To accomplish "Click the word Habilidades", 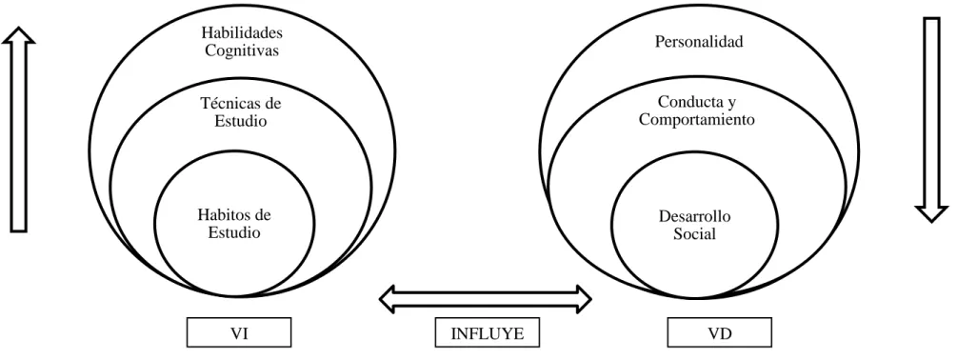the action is pos(242,33).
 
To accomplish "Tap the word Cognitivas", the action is pos(242,50).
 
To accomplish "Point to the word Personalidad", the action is pos(699,42).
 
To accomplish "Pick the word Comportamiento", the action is pos(696,120).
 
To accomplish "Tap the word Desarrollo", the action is pos(694,216).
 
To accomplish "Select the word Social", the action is pos(694,233).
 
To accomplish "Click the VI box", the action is pos(239,332).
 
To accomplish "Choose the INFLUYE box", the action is pos(487,332).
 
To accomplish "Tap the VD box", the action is pos(719,332).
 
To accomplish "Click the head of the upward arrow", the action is pos(18,35).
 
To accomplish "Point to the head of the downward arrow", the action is pos(931,214).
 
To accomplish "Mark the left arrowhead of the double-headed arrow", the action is pos(389,299).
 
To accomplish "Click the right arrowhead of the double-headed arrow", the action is pos(582,299).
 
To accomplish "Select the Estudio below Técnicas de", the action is pos(241,121).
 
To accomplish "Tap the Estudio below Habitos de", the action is pos(234,232).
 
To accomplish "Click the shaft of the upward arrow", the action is pos(18,137).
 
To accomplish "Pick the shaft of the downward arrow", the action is pos(931,112).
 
